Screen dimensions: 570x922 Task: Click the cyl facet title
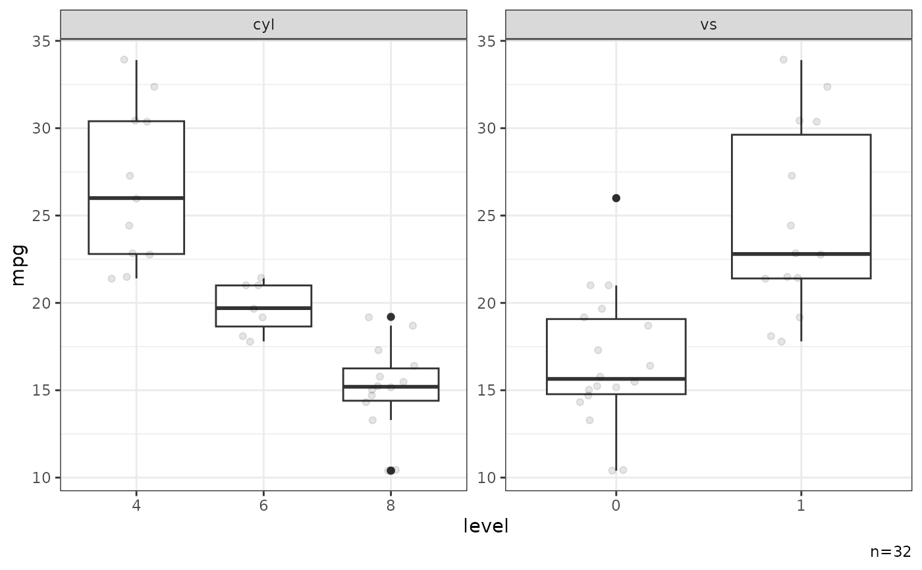point(263,25)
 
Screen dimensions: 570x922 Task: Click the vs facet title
point(709,25)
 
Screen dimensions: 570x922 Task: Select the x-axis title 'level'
point(486,527)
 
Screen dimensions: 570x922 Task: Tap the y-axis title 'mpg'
point(19,265)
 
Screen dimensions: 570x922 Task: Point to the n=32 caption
point(890,552)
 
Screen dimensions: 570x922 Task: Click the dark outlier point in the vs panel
point(616,198)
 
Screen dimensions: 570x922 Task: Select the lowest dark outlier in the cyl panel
point(391,470)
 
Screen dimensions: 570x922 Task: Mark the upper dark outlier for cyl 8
point(391,317)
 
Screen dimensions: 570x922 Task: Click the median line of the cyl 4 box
point(136,197)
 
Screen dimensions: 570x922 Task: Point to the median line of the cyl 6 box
point(263,307)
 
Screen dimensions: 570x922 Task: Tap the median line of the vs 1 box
point(801,253)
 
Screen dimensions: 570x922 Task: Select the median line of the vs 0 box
point(616,378)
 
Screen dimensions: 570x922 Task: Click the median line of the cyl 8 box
point(391,386)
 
